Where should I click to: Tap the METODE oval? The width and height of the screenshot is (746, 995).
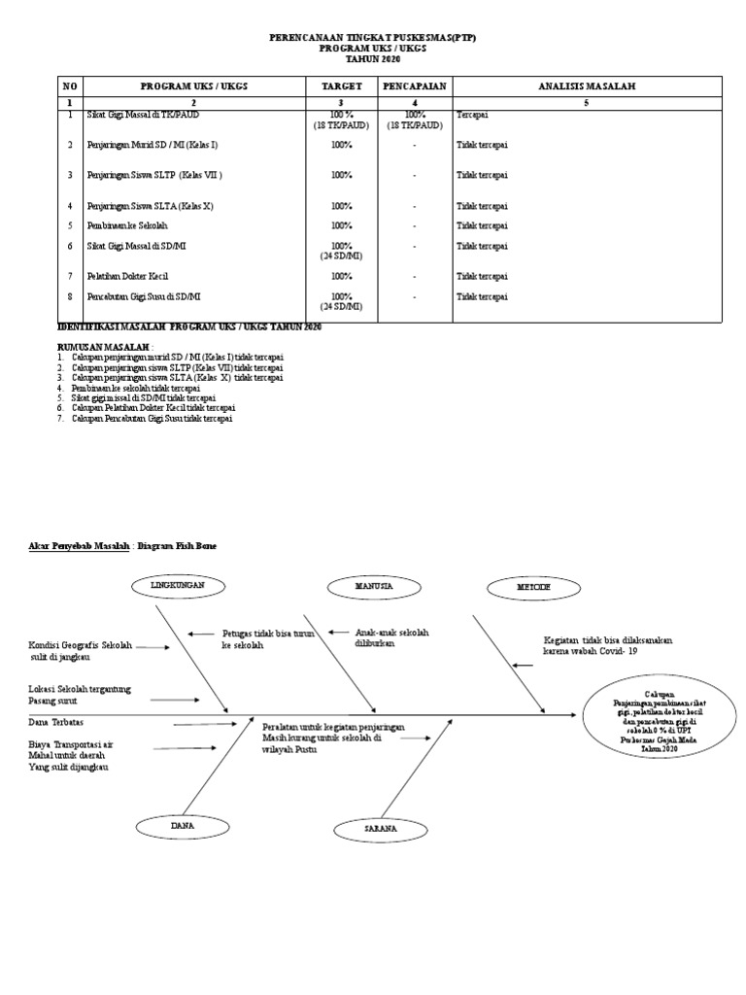coord(531,588)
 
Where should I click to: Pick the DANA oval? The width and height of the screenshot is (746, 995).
coord(183,825)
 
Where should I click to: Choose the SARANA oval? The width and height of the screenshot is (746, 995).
coord(380,829)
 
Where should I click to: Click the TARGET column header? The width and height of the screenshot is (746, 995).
coord(342,86)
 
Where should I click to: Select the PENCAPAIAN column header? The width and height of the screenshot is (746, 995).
coord(414,86)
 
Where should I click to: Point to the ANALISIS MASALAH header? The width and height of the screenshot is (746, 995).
coord(586,86)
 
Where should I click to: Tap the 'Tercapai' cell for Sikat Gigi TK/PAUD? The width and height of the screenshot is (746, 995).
coord(473,116)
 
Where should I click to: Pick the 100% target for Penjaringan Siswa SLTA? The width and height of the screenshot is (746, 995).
coord(342,206)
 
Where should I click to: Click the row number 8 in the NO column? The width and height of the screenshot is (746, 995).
coord(70,296)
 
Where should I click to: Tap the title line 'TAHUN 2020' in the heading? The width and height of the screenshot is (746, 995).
coord(372,60)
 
